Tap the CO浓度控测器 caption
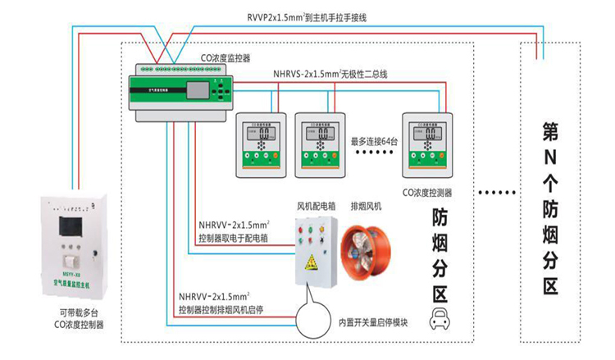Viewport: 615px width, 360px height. (428, 194)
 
